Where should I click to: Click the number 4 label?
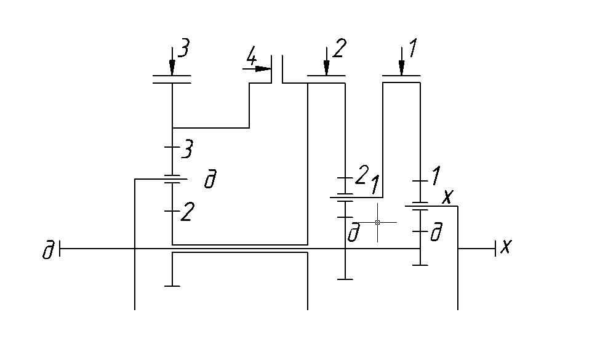(251, 58)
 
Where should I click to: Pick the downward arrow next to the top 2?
(326, 62)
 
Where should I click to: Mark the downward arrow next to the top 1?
(401, 62)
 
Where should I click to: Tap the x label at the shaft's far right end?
(506, 247)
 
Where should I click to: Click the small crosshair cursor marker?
(377, 222)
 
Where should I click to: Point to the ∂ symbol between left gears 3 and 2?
(210, 180)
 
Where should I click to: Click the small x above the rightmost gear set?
(448, 196)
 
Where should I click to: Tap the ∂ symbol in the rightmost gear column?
(436, 234)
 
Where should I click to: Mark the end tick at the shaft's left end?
(61, 249)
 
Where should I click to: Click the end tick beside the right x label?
(495, 249)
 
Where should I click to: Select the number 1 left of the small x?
(435, 177)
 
